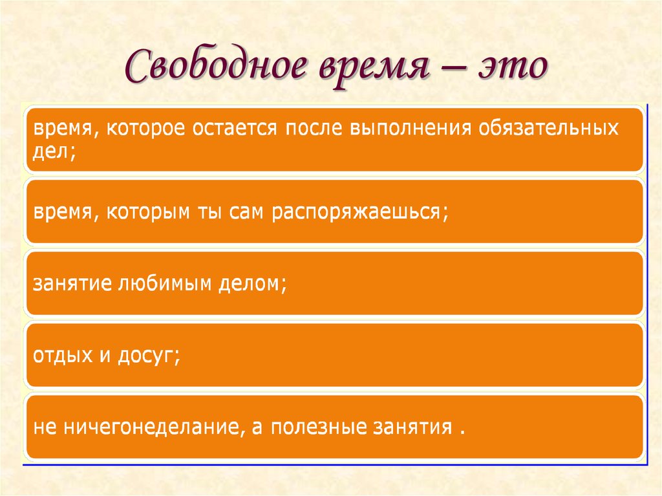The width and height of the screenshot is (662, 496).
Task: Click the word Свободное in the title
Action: click(216, 65)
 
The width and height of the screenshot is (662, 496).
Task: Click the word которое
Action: click(145, 128)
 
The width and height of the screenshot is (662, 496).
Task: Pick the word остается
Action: click(235, 128)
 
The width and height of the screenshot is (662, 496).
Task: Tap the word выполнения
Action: click(411, 128)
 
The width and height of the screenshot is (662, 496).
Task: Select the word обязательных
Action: click(548, 127)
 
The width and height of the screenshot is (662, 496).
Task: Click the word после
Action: click(314, 128)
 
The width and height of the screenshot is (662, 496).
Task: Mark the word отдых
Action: click(63, 356)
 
